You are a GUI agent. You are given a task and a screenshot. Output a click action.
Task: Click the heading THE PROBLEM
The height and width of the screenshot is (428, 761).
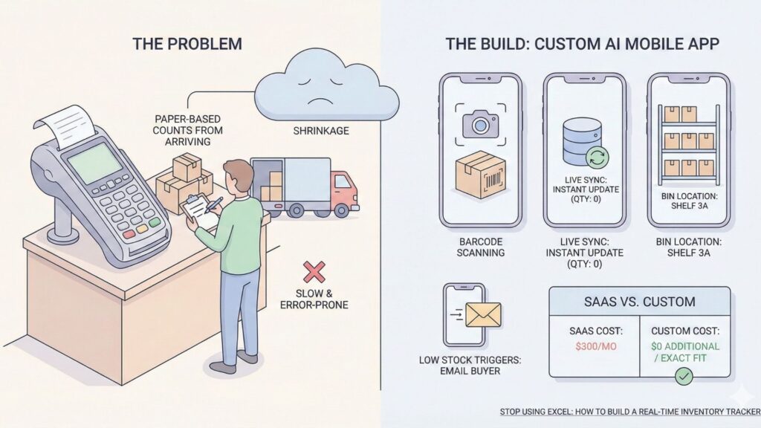(x=187, y=44)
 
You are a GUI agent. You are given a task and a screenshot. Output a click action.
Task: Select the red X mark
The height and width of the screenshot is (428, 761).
(x=314, y=271)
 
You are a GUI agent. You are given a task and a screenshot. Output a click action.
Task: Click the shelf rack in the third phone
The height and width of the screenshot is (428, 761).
(x=688, y=140)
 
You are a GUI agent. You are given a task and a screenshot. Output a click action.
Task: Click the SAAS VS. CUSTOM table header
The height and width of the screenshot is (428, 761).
(x=639, y=302)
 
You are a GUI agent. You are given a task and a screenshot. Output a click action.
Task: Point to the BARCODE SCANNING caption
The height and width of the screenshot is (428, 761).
(x=481, y=246)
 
